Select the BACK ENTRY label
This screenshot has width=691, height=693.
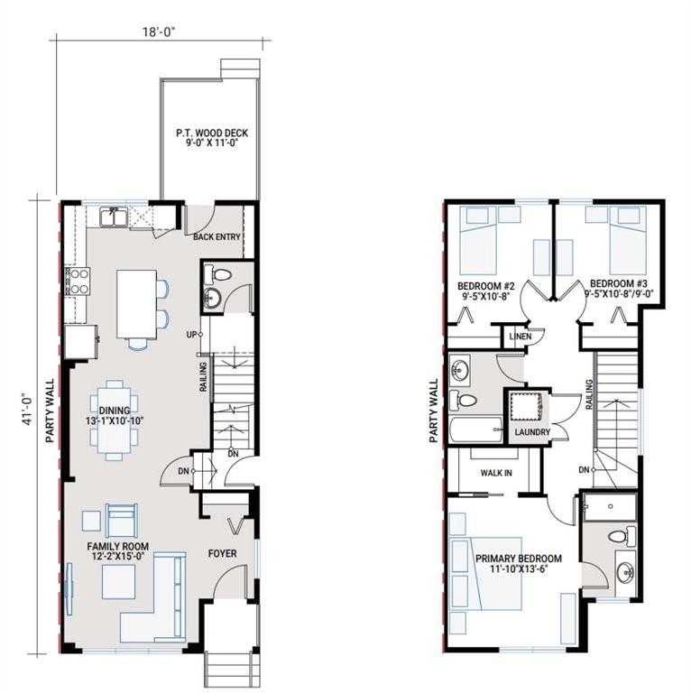click(217, 237)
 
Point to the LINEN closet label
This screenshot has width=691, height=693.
click(521, 337)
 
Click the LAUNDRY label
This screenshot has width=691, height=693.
click(532, 433)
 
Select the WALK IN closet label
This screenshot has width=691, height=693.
click(496, 472)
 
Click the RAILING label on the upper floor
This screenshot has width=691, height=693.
click(589, 394)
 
